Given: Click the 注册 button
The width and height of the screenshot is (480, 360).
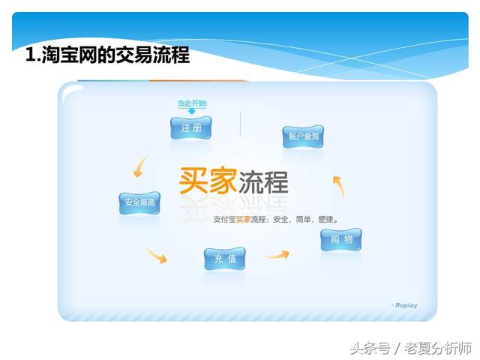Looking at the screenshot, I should point(190,128).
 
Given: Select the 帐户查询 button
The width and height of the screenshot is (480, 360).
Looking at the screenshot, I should point(304,136).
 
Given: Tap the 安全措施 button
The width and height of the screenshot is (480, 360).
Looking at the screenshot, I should point(139,202).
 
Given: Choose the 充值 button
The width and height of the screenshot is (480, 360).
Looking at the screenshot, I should point(224,259).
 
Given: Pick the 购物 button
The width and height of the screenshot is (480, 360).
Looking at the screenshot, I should point(340,240).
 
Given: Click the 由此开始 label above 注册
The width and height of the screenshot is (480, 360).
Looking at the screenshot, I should point(191,103).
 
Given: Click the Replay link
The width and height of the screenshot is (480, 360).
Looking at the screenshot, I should point(406,305).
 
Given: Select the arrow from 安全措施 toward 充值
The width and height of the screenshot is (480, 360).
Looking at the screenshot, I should point(156,254).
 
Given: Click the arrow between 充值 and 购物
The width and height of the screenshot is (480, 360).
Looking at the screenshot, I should point(276,256).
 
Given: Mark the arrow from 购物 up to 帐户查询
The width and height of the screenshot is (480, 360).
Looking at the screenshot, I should point(337,185).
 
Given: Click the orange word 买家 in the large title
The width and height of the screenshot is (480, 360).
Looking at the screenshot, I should point(208,180).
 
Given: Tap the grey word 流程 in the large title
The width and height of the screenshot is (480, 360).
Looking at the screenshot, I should point(263,181).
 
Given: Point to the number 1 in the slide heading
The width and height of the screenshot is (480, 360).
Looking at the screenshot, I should point(30,55).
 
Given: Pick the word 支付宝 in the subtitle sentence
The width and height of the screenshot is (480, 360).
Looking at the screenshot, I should point(224,220).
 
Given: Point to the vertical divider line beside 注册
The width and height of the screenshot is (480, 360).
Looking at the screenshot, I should point(240,124).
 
